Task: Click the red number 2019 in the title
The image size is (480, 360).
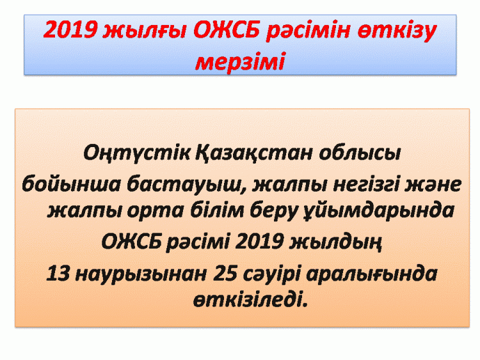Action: click(x=70, y=29)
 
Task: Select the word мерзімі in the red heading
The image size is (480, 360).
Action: click(x=240, y=62)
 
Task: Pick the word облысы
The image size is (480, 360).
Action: click(x=359, y=153)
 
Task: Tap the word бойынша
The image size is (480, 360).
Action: click(x=71, y=184)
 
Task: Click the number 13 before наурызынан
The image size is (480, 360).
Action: click(x=58, y=273)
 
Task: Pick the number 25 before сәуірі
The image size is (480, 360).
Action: click(x=225, y=273)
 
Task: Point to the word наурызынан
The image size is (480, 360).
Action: click(x=141, y=274)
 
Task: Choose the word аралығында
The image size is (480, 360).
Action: click(x=372, y=274)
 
